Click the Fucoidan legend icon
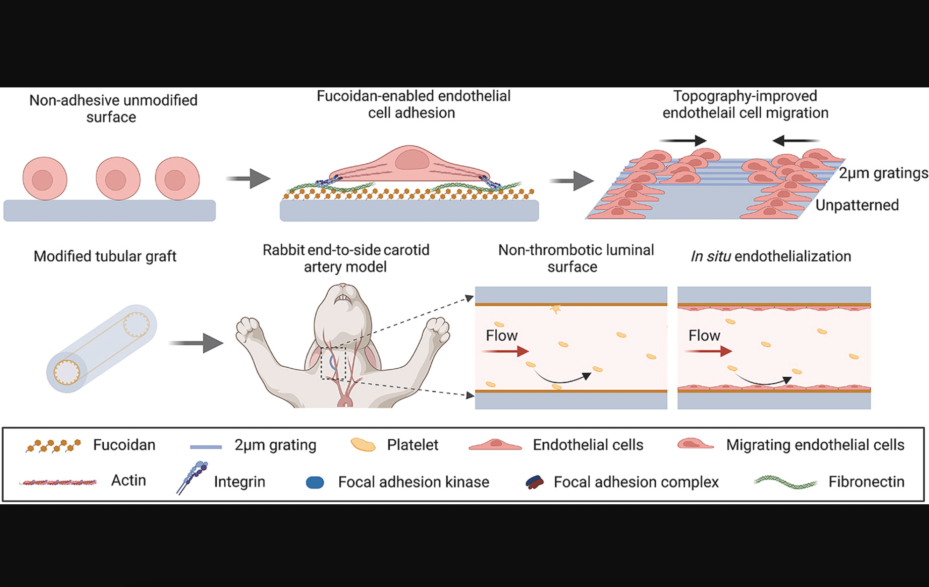click(x=53, y=446)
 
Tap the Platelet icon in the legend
click(x=363, y=444)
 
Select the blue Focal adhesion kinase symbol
click(x=315, y=482)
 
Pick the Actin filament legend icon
click(x=58, y=482)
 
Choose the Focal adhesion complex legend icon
click(x=535, y=482)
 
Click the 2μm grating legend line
click(x=206, y=447)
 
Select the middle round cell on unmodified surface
click(x=118, y=179)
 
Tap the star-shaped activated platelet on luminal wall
click(x=556, y=309)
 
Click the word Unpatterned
click(x=857, y=205)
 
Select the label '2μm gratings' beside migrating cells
click(x=883, y=173)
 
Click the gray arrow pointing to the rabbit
click(x=196, y=343)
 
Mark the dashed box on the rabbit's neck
click(x=333, y=363)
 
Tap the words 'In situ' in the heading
click(x=710, y=257)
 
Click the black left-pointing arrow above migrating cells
click(x=795, y=140)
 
